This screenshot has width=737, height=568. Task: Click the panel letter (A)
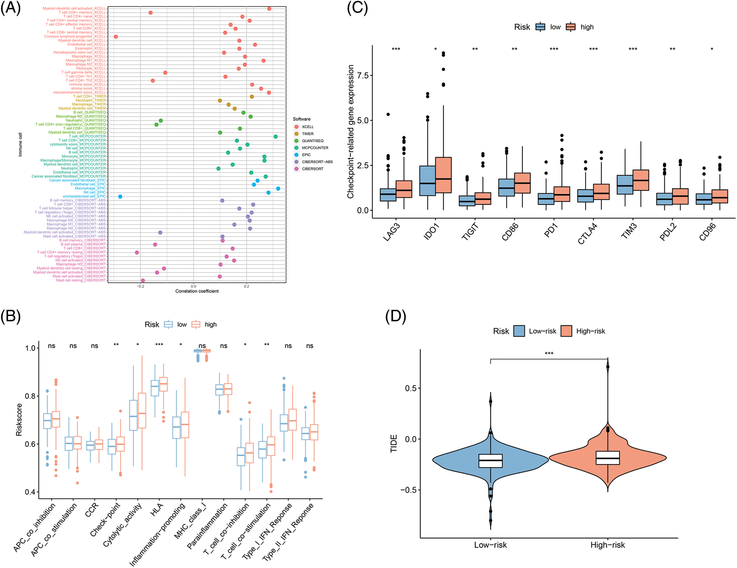pos(10,8)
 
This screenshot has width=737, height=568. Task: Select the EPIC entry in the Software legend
pos(306,155)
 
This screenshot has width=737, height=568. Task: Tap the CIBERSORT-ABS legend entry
pos(317,162)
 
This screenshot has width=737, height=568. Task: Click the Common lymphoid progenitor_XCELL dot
pos(116,37)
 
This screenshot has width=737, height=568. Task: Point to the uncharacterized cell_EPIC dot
pos(120,197)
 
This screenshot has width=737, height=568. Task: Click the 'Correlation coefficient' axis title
pos(197,291)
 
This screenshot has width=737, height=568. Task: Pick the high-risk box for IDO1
pos(443,175)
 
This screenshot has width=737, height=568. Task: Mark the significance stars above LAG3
pos(396,49)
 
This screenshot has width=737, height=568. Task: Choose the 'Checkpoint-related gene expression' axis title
pos(350,132)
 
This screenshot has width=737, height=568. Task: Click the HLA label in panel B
pos(157,510)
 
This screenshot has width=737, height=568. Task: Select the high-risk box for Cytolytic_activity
pos(142,410)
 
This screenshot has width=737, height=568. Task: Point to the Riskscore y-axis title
pos(19,420)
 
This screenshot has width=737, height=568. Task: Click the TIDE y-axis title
pos(394,444)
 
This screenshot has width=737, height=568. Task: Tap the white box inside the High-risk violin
pos(608,458)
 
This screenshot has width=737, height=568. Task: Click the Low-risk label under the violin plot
pos(490,545)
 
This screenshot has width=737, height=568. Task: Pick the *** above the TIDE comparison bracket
pos(549,353)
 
